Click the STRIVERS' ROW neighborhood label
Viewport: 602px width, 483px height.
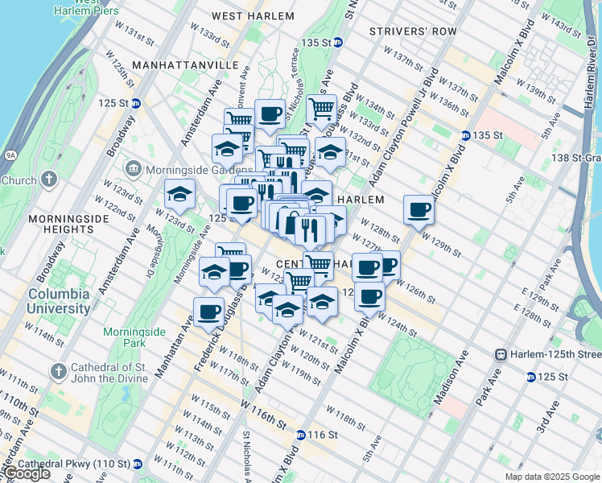coord(402,31)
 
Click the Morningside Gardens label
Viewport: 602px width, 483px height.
coord(188,170)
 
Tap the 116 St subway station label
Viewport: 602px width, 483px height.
coord(318,435)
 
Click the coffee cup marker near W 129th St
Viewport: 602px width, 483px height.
coord(419,211)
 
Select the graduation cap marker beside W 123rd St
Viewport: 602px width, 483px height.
coord(179,194)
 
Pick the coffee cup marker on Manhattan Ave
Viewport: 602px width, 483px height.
coord(209,312)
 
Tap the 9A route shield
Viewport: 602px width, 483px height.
coord(10,155)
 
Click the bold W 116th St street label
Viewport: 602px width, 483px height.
coord(263,416)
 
